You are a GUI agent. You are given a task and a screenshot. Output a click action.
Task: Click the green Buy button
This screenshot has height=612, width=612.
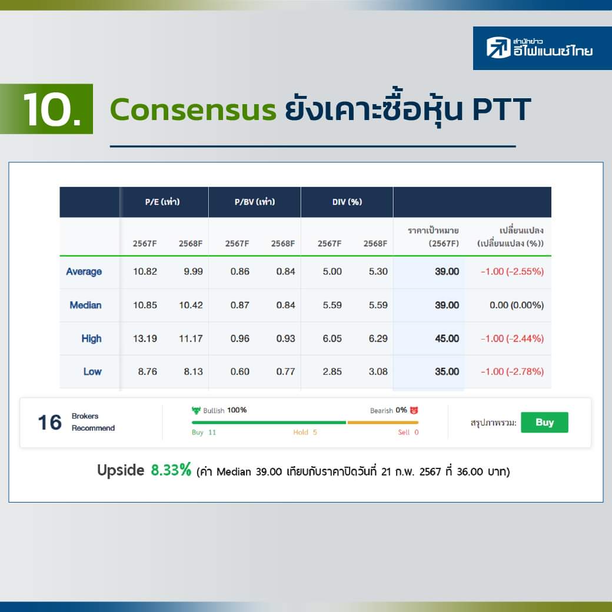click(x=544, y=423)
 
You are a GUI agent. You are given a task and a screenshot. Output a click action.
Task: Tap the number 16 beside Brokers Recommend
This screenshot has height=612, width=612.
click(x=49, y=423)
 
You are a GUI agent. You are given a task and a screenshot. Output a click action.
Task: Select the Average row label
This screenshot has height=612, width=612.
click(x=84, y=272)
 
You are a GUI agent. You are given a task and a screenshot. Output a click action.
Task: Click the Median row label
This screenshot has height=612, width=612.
click(x=85, y=305)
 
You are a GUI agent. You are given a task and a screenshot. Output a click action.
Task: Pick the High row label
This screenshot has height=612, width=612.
click(x=91, y=338)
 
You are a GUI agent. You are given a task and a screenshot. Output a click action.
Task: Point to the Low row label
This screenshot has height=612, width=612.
click(x=92, y=371)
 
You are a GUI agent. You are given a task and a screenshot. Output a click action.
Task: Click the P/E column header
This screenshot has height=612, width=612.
click(x=162, y=202)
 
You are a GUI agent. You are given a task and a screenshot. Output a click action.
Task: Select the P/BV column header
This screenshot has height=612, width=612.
click(x=255, y=202)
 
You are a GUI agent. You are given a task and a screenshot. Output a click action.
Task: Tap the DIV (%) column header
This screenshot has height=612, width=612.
click(x=347, y=202)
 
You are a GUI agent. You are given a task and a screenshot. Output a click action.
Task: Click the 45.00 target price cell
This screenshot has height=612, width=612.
click(x=447, y=338)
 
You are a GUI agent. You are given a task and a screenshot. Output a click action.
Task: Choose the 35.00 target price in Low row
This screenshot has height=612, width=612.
click(x=447, y=371)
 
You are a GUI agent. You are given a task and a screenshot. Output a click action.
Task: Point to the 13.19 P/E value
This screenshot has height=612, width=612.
click(x=145, y=338)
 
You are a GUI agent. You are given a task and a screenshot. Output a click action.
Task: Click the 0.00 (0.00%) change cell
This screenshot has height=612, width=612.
click(x=517, y=305)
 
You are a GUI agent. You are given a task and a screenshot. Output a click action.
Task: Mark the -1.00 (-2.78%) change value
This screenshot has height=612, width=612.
click(x=512, y=371)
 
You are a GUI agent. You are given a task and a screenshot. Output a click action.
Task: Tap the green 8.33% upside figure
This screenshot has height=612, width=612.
click(x=171, y=470)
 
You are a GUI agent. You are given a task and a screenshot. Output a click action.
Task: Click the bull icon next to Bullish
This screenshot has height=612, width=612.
click(x=196, y=410)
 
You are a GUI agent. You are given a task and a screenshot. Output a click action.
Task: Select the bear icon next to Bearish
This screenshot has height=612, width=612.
click(x=414, y=410)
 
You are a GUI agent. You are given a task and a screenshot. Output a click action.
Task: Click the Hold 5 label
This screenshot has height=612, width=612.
click(x=305, y=432)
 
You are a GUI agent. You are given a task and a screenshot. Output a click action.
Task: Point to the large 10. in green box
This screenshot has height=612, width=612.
click(x=52, y=109)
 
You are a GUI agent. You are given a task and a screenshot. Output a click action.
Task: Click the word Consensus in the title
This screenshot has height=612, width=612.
click(x=193, y=109)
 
